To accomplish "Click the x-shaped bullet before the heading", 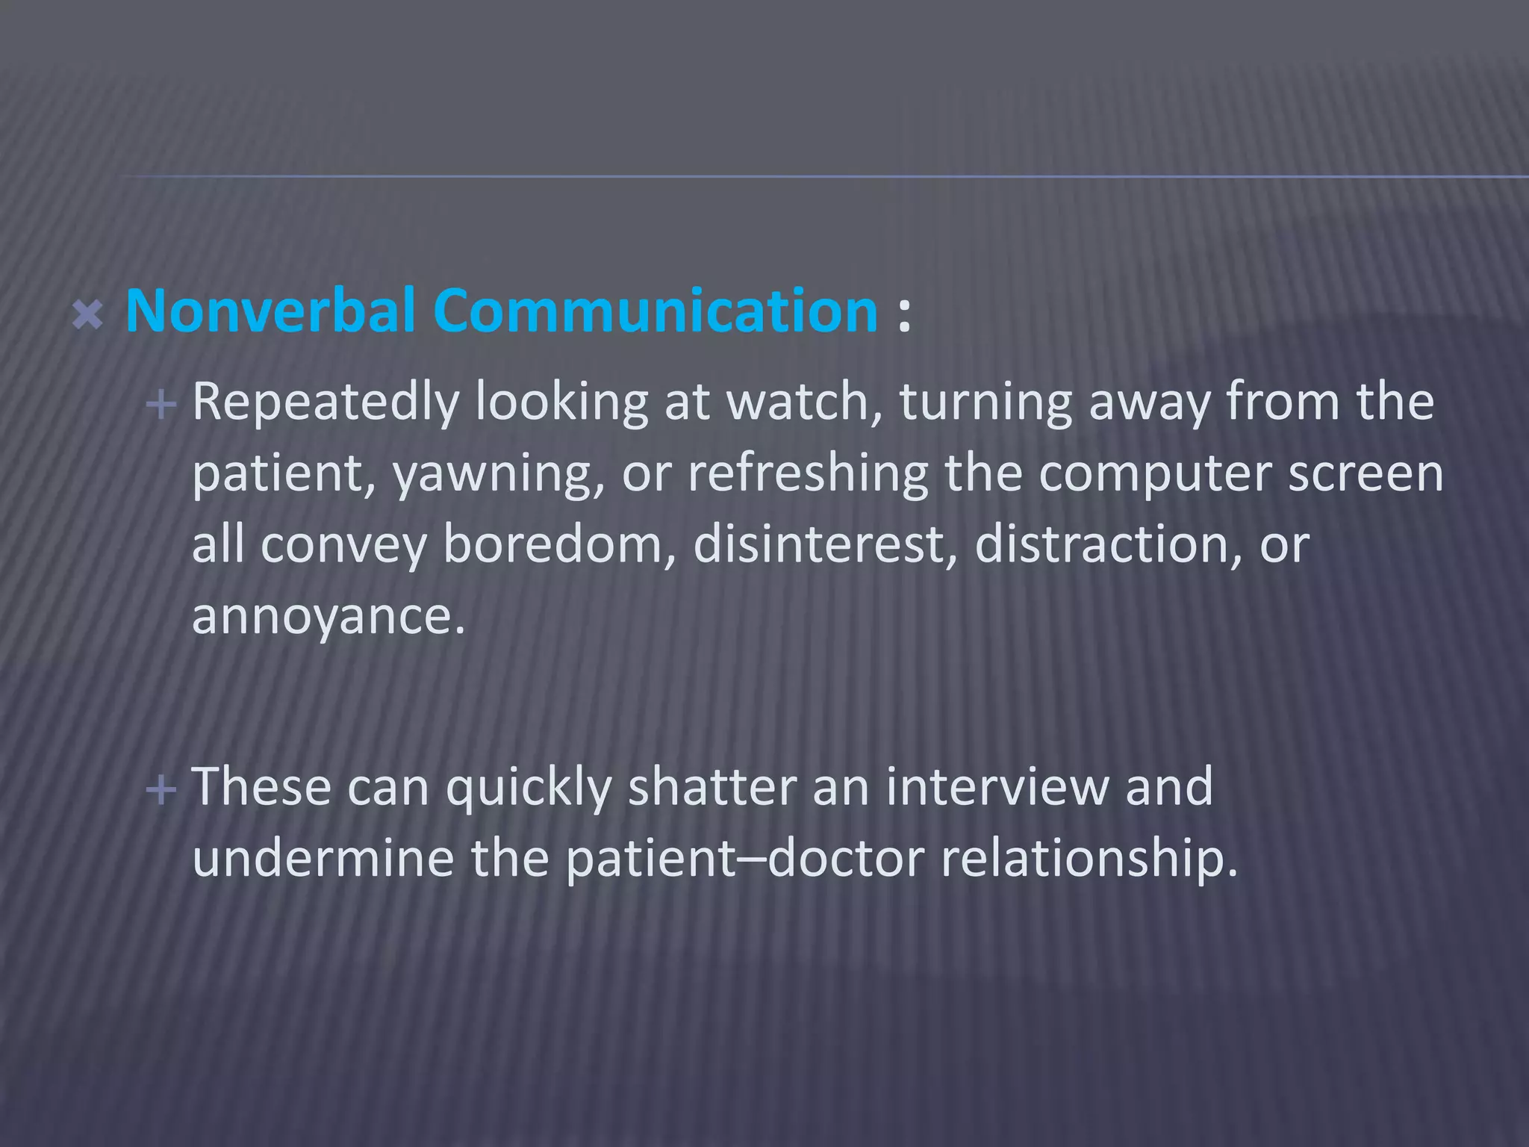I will [x=87, y=315].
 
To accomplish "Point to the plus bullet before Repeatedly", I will [x=161, y=405].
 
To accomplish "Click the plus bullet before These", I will [x=161, y=789].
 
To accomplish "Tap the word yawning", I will [x=498, y=475].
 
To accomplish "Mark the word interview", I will [x=996, y=787].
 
